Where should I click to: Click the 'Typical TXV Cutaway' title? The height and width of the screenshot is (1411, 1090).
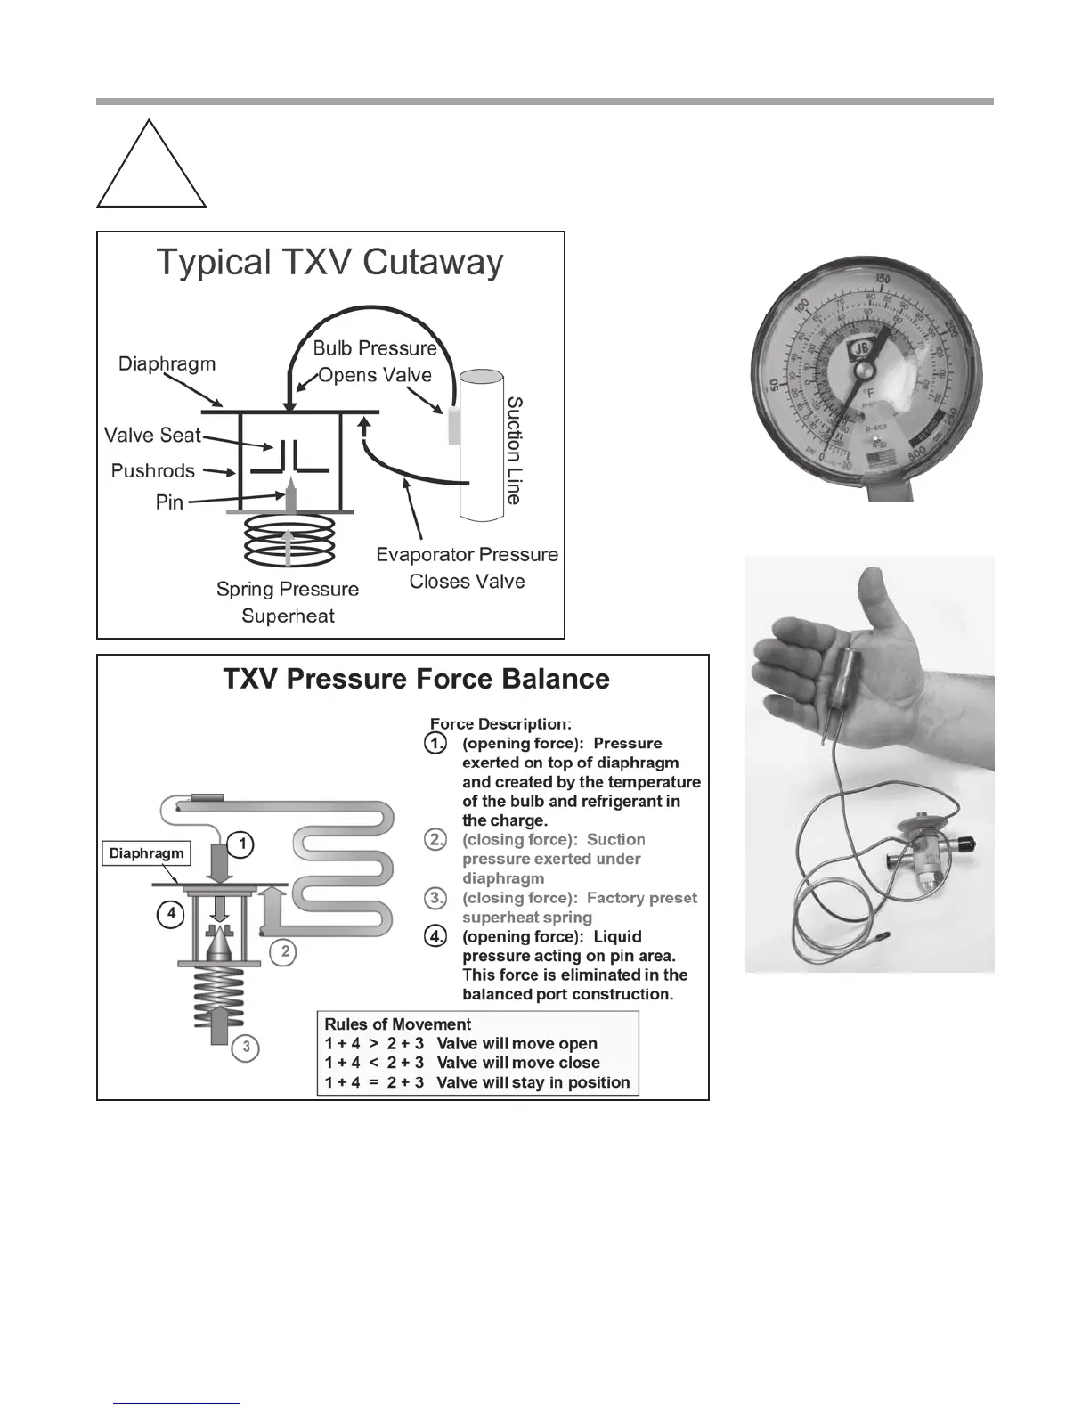pyautogui.click(x=330, y=262)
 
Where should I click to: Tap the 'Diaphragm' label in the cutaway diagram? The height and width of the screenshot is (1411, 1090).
pyautogui.click(x=167, y=363)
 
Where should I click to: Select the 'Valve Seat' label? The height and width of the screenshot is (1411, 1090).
pyautogui.click(x=152, y=435)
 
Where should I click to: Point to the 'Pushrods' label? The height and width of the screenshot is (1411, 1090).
pyautogui.click(x=152, y=470)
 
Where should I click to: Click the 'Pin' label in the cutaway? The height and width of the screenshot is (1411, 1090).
pyautogui.click(x=169, y=502)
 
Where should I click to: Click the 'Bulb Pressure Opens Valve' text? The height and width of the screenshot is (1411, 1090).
pyautogui.click(x=375, y=361)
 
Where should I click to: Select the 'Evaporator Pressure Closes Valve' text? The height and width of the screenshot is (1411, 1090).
pyautogui.click(x=467, y=567)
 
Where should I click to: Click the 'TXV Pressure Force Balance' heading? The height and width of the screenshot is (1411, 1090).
pyautogui.click(x=416, y=679)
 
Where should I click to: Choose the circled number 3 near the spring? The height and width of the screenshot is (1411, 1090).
pyautogui.click(x=246, y=1048)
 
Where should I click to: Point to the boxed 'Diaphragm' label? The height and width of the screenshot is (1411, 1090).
pyautogui.click(x=146, y=853)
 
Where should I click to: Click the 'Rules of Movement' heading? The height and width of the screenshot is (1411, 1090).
pyautogui.click(x=397, y=1024)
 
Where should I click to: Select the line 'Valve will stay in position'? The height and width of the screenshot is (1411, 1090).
pyautogui.click(x=533, y=1082)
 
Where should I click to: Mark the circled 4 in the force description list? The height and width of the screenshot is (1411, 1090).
pyautogui.click(x=435, y=937)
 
